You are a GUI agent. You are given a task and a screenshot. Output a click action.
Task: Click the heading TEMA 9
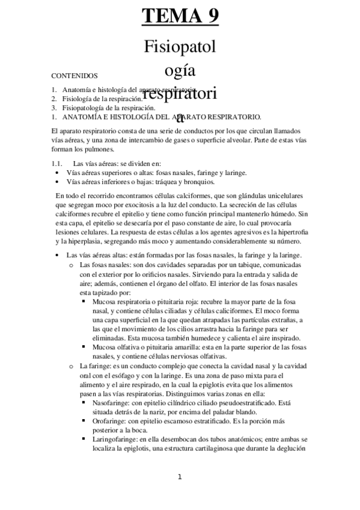pos(180,15)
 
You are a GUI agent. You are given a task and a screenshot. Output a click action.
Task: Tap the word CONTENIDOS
pos(75,76)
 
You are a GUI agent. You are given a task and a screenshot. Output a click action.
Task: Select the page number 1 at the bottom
pos(180,477)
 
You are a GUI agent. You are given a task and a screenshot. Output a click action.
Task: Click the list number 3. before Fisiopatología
pos(54,107)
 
